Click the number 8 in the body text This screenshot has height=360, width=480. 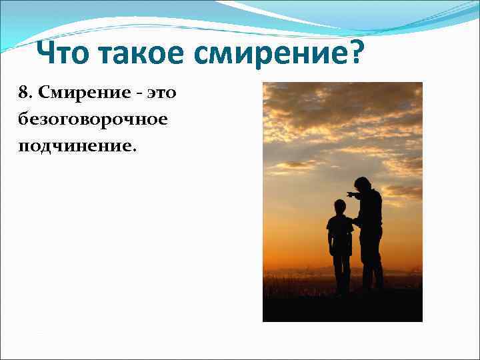point(23,92)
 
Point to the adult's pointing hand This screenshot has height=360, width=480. point(349,194)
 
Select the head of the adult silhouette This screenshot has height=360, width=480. point(363,184)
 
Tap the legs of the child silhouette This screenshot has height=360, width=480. point(341,273)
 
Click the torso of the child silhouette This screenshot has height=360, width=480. point(340,233)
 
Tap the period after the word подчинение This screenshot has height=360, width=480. point(135,149)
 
